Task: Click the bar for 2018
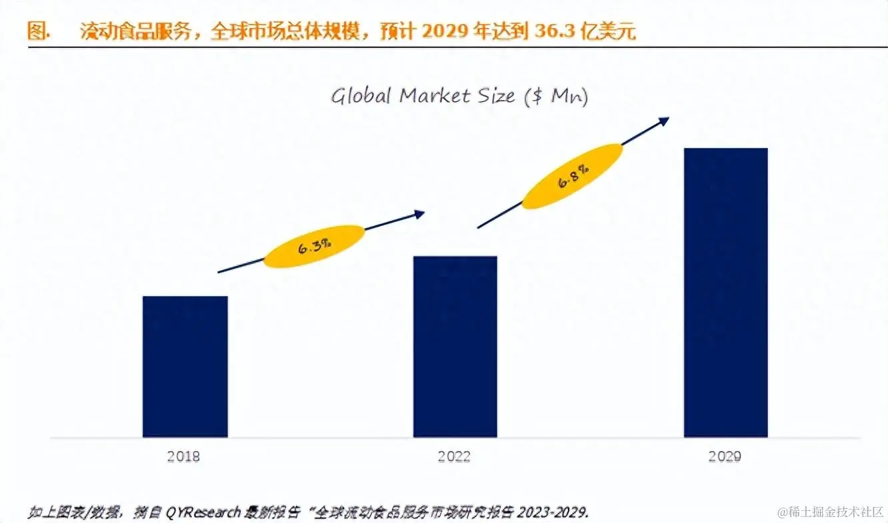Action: coord(185,366)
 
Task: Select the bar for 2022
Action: coord(455,346)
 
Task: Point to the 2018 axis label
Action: coord(183,457)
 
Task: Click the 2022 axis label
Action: coord(454,457)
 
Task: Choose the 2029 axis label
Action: coord(725,457)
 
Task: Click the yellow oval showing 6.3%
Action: coord(315,246)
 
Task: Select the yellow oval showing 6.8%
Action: coord(572,175)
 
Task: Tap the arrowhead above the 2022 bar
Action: coord(419,213)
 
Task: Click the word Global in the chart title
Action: coord(361,96)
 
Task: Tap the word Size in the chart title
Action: coord(495,96)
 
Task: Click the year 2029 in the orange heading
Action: coord(446,31)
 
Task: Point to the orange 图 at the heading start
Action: coord(37,31)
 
